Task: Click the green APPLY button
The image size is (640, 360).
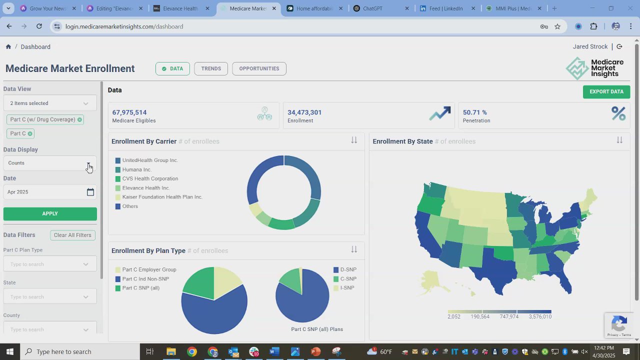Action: coord(50,214)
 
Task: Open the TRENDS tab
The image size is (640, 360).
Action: coord(211,68)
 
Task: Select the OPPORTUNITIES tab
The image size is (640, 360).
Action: coord(259,68)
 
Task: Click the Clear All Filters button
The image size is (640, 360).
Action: coord(72,235)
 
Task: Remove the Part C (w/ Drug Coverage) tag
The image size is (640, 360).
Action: coord(79,119)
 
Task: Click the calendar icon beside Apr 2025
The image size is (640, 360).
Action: coord(90,192)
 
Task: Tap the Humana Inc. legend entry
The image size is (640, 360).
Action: coord(136,169)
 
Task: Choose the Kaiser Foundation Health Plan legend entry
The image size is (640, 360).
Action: coord(162,197)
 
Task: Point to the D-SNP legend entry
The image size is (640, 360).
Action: coord(348,269)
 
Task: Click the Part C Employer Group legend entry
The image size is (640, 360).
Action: coord(149,269)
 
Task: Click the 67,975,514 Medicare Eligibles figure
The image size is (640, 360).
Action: coord(129,112)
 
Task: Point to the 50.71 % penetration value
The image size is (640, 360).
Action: coord(475,112)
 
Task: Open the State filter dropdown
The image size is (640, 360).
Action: coord(50,297)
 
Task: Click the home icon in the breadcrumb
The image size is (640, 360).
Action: coord(8,46)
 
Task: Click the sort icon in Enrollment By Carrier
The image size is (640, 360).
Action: coord(354,140)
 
